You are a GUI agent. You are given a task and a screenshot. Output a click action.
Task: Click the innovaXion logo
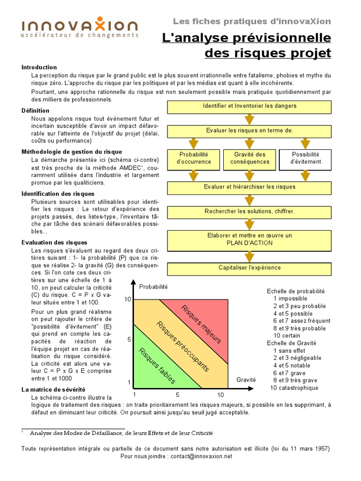tap(80, 28)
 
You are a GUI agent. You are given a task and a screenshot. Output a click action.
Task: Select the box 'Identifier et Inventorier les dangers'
tap(250, 106)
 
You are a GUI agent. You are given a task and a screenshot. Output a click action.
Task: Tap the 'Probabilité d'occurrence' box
tap(194, 158)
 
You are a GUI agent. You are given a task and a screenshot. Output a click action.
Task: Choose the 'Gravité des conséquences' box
tap(250, 158)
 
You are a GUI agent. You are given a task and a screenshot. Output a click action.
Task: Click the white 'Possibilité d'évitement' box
tap(306, 158)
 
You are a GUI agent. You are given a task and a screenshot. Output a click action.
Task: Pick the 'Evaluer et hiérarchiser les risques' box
tap(250, 187)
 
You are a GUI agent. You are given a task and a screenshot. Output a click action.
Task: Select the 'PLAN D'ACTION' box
tap(250, 239)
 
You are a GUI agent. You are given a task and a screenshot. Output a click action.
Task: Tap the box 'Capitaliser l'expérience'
tap(250, 268)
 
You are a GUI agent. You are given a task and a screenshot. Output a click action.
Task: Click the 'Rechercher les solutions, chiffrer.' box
tap(250, 211)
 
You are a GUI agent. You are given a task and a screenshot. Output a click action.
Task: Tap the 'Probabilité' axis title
tap(153, 287)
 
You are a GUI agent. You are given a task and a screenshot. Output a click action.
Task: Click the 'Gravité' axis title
tap(246, 380)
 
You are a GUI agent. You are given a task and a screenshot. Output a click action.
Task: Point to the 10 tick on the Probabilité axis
tap(127, 299)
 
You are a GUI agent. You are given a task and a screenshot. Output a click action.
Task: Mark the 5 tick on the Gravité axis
tap(178, 395)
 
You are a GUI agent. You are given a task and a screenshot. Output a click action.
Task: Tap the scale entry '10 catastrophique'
tap(294, 388)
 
